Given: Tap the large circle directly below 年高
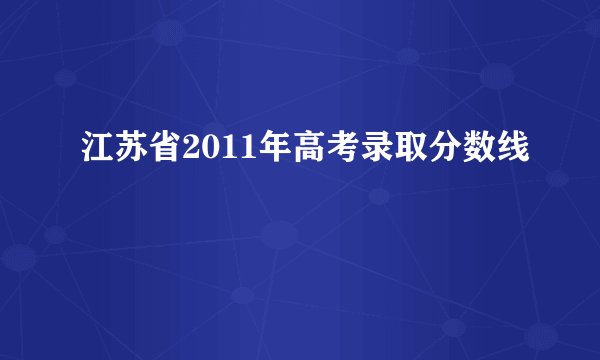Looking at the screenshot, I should click(280, 236).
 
